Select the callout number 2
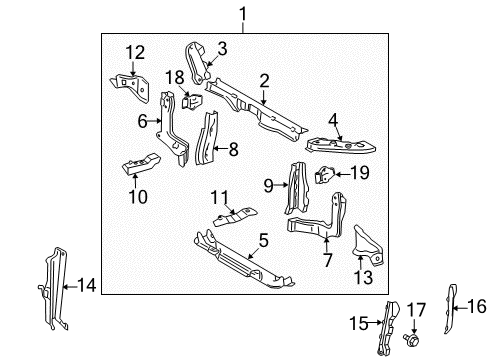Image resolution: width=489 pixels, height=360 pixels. [264, 81]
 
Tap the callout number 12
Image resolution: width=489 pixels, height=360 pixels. [222, 47]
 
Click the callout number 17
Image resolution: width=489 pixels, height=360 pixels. [419, 308]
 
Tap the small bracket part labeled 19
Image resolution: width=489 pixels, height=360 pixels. [325, 174]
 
